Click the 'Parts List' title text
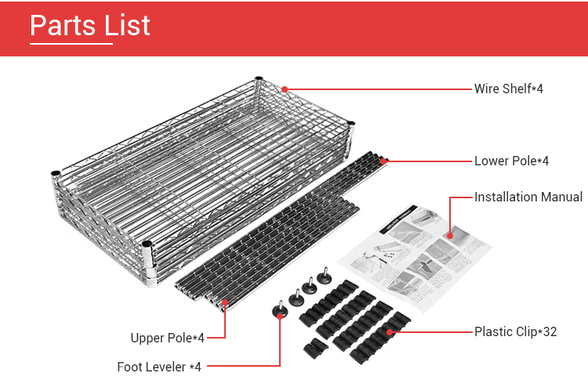(x=90, y=26)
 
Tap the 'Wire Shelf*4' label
(x=509, y=89)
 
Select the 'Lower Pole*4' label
(x=511, y=161)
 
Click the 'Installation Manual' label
(x=528, y=197)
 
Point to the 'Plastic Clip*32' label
(x=516, y=331)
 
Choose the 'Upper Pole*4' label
(x=167, y=338)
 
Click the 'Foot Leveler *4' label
(x=159, y=367)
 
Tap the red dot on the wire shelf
(x=285, y=89)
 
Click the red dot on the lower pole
(x=383, y=161)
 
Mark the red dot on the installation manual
(x=450, y=236)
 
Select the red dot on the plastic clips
(x=390, y=332)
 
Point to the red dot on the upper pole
(x=225, y=302)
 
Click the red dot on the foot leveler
(x=280, y=316)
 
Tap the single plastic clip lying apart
(x=315, y=348)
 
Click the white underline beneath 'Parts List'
(x=71, y=44)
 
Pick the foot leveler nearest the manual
(x=324, y=277)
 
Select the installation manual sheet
(x=415, y=259)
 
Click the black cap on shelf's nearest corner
(x=147, y=244)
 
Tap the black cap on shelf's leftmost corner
(x=56, y=173)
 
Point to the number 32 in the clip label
(x=550, y=331)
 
